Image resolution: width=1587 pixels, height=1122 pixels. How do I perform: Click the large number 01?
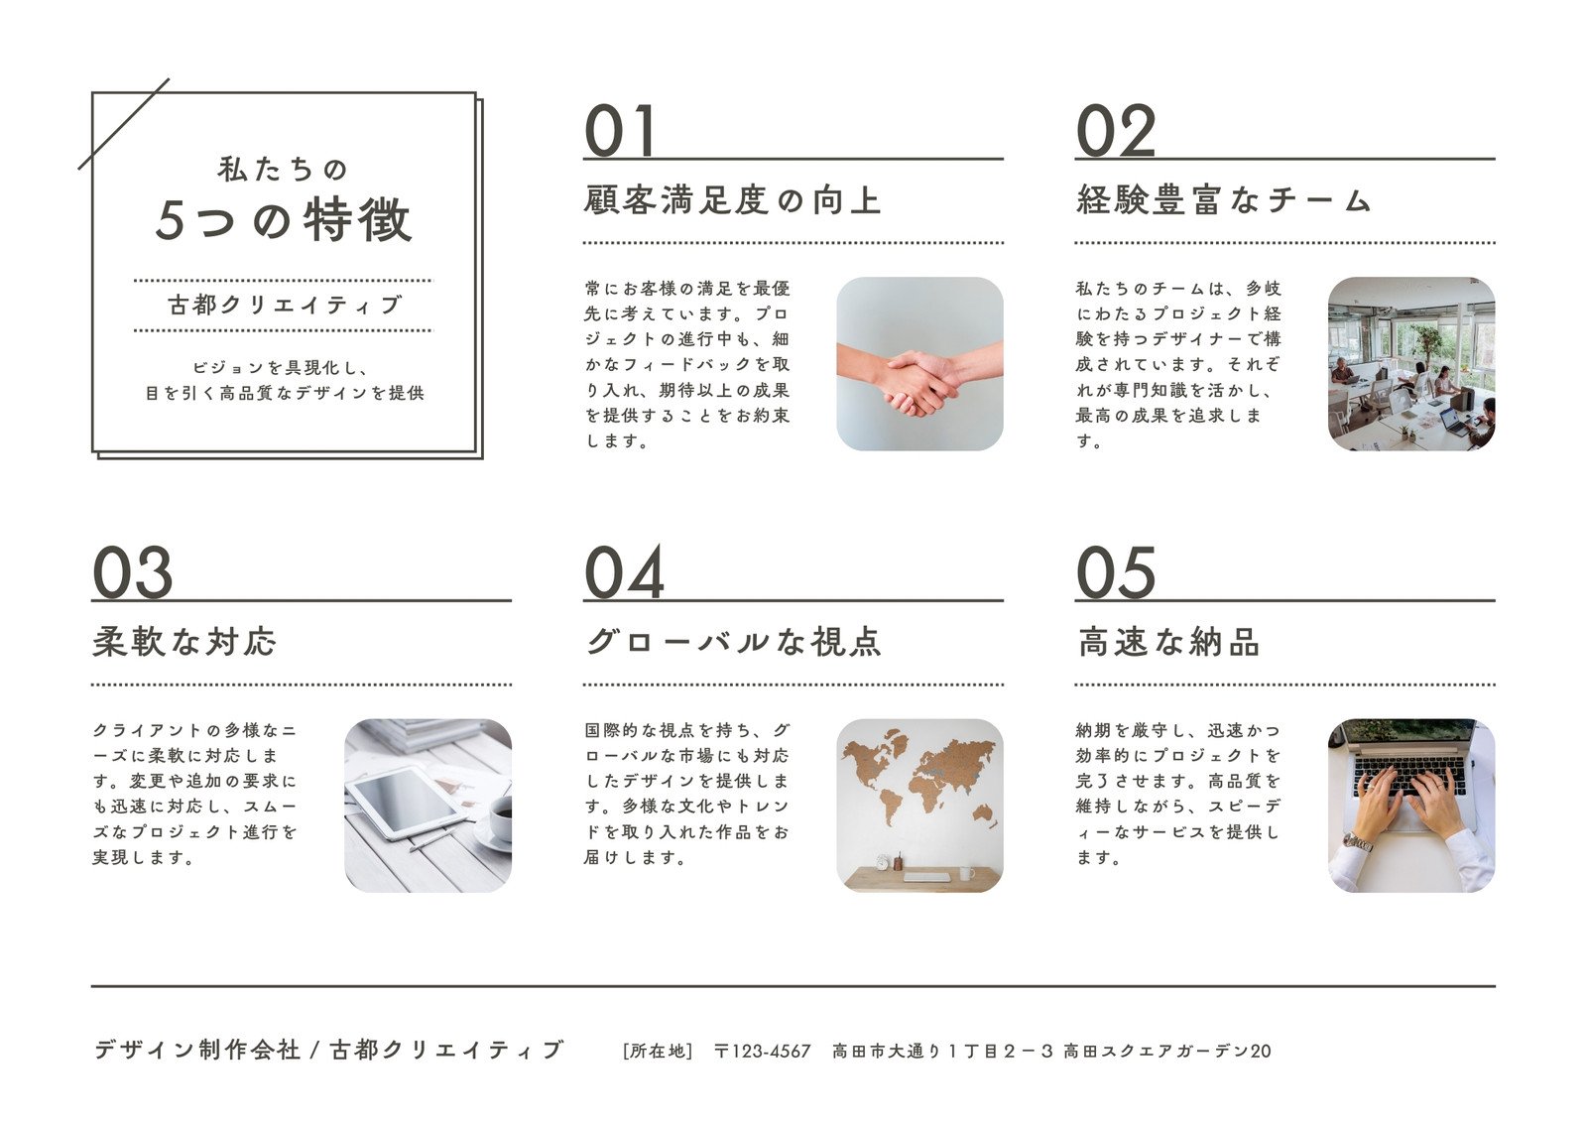pos(620,132)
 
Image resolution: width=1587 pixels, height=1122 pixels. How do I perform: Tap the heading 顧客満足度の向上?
pos(732,200)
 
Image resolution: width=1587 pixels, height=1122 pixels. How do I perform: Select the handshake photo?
pos(919,364)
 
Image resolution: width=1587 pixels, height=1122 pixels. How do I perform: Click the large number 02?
pos(1116,132)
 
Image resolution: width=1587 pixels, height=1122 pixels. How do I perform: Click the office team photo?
pos(1410,364)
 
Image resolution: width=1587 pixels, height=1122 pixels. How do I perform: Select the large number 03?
pos(132,573)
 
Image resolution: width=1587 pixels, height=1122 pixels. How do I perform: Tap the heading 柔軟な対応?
pos(184,642)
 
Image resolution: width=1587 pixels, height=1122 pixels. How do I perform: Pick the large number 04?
pos(624,573)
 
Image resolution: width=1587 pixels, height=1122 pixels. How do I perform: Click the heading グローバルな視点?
pos(733,642)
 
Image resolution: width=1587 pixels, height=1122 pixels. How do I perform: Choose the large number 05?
pos(1116,573)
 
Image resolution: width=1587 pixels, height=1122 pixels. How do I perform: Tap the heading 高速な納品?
pos(1168,642)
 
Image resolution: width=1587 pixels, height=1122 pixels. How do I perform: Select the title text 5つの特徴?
pos(284,220)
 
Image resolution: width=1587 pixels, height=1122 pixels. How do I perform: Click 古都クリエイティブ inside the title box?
pos(284,306)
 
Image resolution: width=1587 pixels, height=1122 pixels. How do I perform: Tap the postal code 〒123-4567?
pos(762,1051)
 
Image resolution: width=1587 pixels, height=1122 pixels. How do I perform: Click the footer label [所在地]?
pos(657,1051)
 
